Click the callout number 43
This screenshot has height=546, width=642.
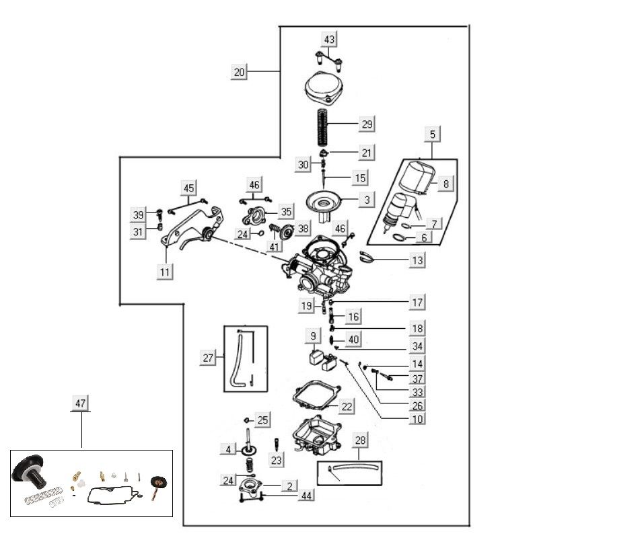point(329,40)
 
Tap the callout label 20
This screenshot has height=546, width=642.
point(240,71)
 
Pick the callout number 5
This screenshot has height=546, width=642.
point(433,134)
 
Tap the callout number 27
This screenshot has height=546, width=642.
point(208,358)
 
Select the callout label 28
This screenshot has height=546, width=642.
point(361,440)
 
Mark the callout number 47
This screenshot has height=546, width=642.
point(80,403)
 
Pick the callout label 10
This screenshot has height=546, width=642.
point(417,419)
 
